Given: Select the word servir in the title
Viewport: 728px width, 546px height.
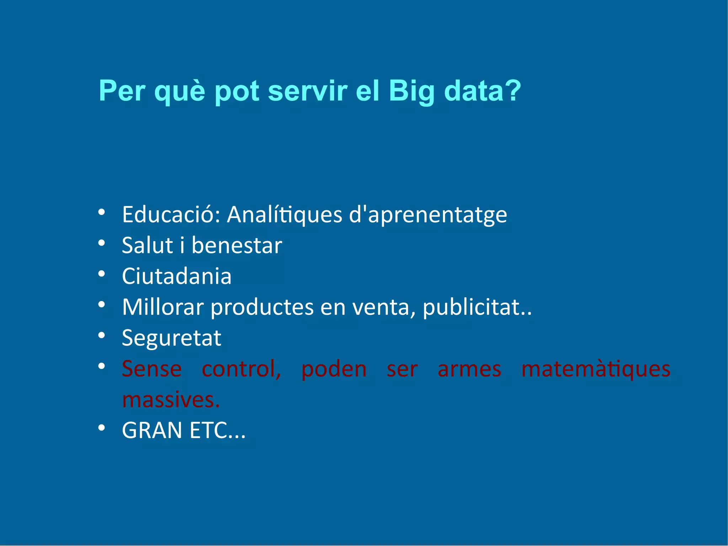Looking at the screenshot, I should click(x=307, y=91).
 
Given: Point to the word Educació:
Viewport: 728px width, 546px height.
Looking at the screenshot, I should click(x=171, y=215).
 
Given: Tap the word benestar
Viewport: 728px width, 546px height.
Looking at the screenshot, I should click(x=237, y=245).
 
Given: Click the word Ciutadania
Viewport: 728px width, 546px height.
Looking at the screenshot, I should click(x=177, y=276).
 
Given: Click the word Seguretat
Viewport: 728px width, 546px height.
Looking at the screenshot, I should click(x=171, y=338).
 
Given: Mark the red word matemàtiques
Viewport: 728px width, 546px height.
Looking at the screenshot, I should click(x=596, y=369).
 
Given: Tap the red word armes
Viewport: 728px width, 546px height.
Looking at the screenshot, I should click(x=469, y=369).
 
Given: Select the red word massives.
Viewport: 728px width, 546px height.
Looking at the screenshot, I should click(x=171, y=400).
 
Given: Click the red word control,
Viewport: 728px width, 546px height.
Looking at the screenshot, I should click(x=241, y=369).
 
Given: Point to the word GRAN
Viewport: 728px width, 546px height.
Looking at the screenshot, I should click(x=152, y=430).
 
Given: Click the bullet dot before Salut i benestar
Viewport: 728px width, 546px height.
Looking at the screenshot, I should click(x=102, y=243).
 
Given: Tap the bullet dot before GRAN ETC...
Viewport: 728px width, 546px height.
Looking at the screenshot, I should click(x=102, y=428).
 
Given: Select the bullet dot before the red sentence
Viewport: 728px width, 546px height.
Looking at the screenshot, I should click(x=102, y=366).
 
